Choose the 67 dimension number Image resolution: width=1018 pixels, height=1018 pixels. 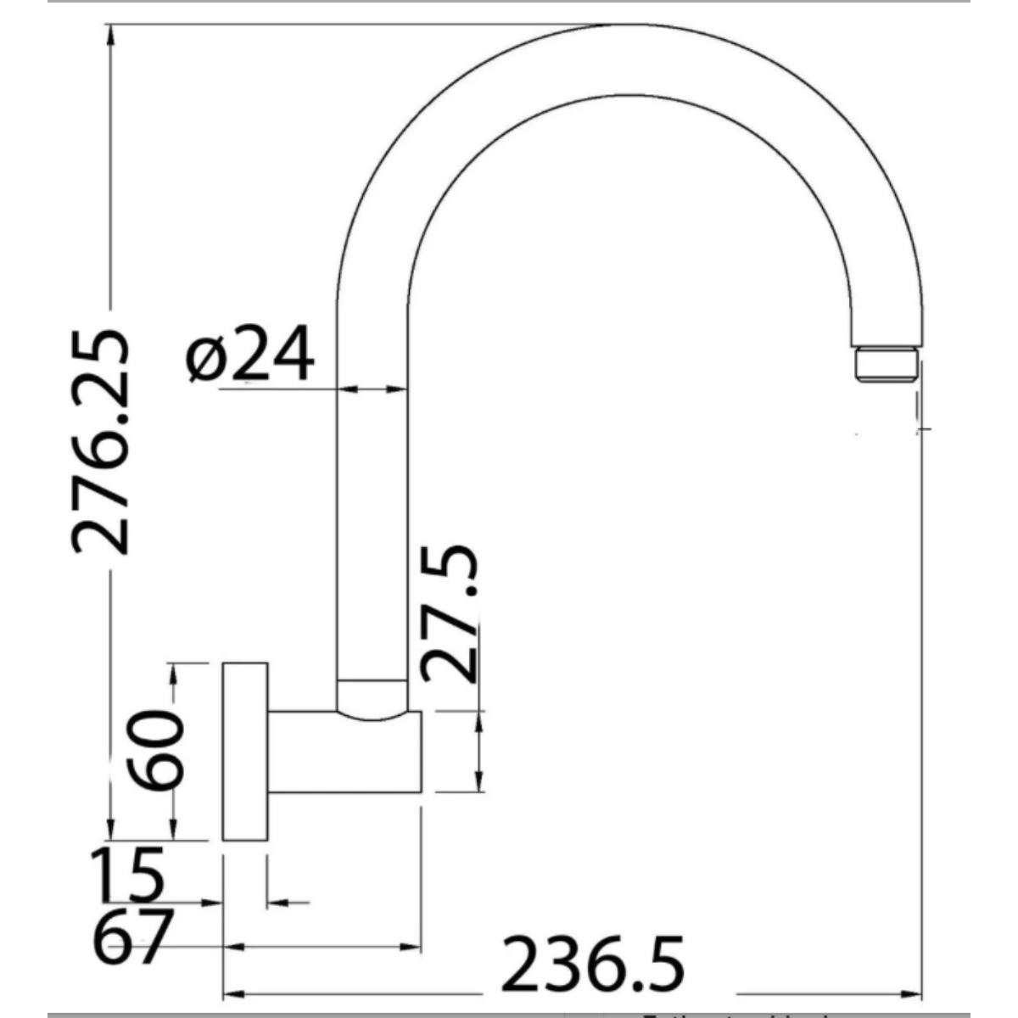point(132,937)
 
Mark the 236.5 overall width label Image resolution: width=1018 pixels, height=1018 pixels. point(593,965)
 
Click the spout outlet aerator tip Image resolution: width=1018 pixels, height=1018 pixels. point(887,365)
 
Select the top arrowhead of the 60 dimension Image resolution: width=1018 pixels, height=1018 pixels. point(174,672)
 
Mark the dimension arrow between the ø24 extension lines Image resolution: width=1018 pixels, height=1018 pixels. point(372,389)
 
